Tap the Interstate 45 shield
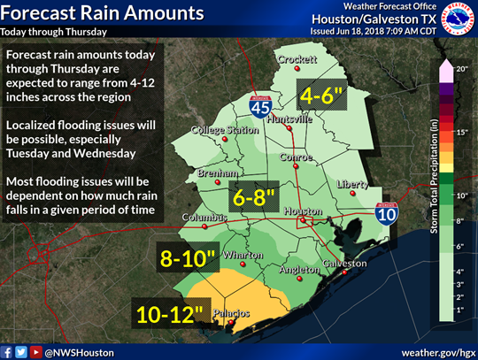pos(258,107)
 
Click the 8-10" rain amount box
pos(188,257)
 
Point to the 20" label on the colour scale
pos(459,68)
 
